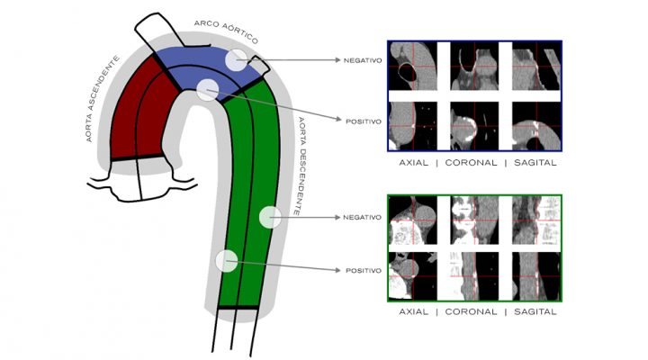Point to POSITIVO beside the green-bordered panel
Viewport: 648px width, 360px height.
361,269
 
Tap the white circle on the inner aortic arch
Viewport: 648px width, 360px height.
208,89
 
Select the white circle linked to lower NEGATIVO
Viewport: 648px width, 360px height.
269,217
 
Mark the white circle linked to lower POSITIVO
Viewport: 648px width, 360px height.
227,261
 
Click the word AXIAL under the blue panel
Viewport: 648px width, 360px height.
415,164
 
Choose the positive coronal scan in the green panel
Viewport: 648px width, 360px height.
474,275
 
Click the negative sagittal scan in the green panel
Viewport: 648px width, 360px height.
535,219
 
